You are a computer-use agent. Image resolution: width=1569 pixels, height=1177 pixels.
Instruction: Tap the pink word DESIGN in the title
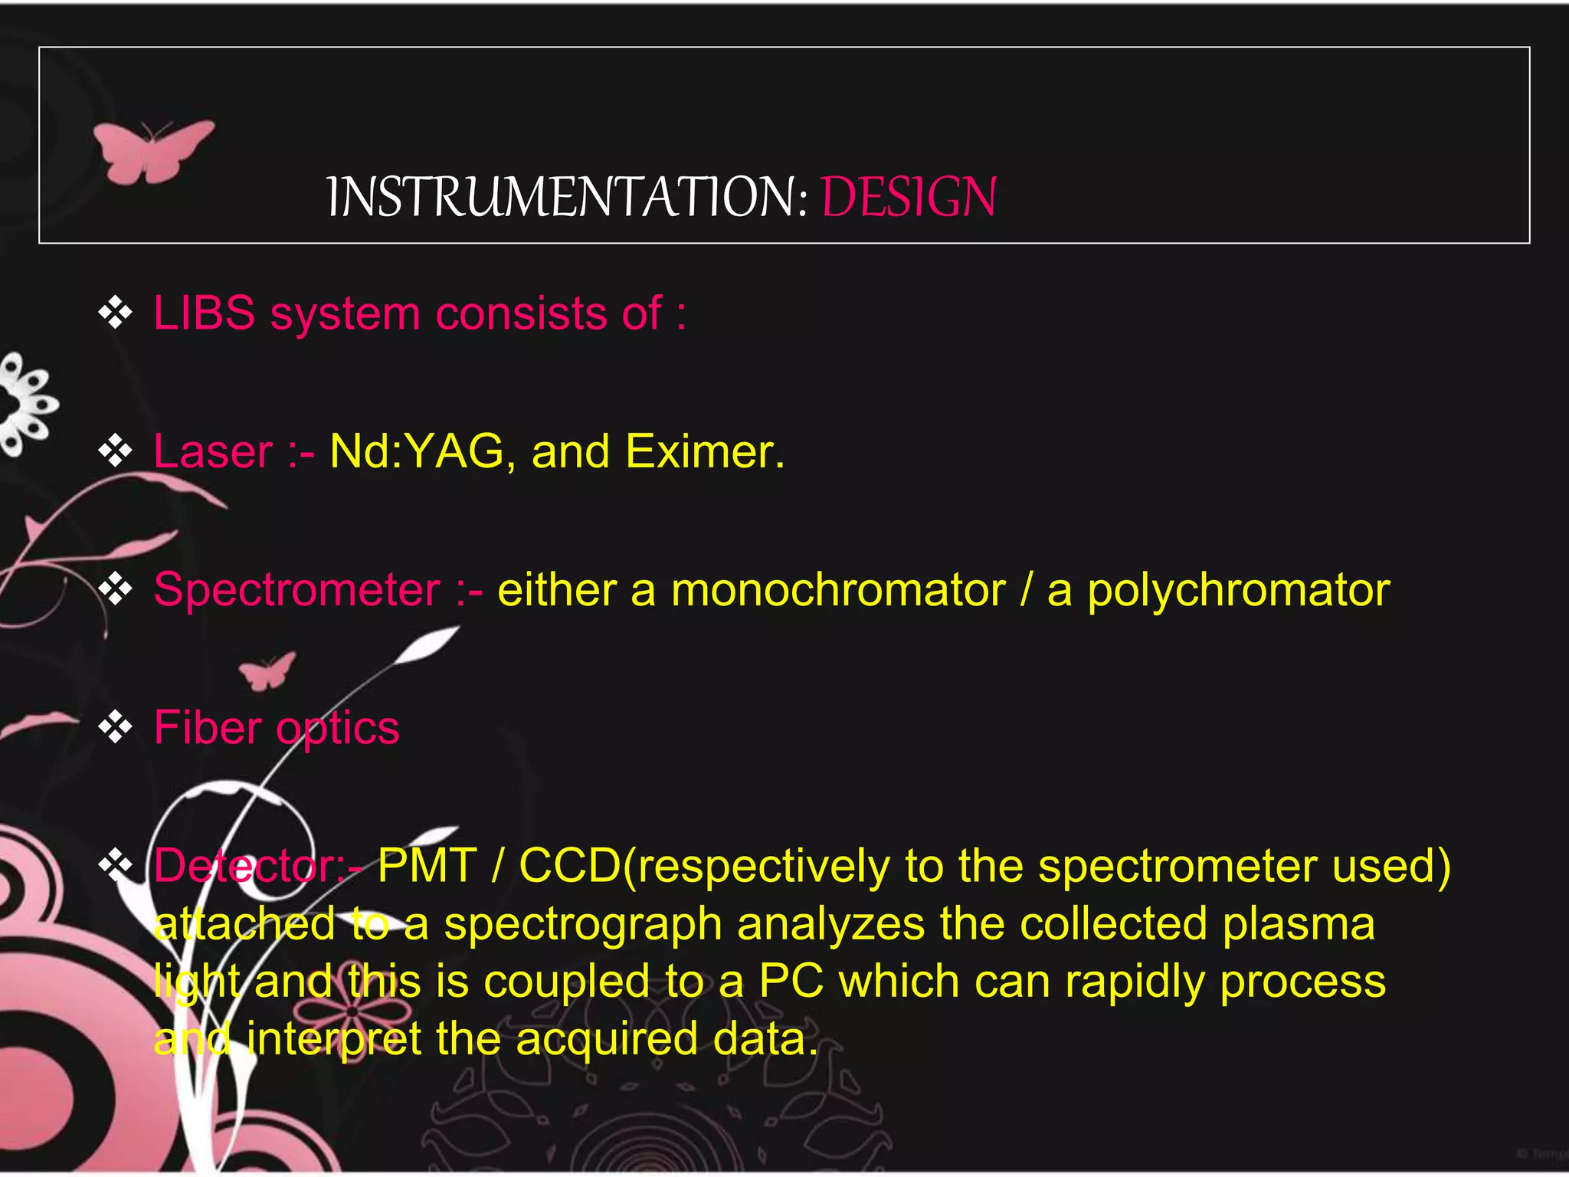pyautogui.click(x=909, y=197)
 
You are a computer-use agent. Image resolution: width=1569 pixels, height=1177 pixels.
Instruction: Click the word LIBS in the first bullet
pyautogui.click(x=204, y=313)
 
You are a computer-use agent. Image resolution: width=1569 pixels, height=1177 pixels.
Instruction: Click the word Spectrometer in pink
pyautogui.click(x=297, y=590)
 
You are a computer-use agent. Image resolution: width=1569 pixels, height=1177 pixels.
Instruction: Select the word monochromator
pyautogui.click(x=838, y=590)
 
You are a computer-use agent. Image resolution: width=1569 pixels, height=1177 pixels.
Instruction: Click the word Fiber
pyautogui.click(x=208, y=727)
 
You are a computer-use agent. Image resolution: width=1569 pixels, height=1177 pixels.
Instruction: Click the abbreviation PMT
pyautogui.click(x=427, y=866)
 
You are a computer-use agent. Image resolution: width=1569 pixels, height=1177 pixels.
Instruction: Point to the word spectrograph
pyautogui.click(x=583, y=925)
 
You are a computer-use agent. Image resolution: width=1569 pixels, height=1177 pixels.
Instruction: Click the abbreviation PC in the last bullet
pyautogui.click(x=791, y=982)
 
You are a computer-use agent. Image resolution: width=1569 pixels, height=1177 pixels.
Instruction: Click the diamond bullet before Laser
pyautogui.click(x=116, y=451)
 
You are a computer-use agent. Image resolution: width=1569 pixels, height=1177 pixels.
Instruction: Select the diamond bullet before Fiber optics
pyautogui.click(x=116, y=726)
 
